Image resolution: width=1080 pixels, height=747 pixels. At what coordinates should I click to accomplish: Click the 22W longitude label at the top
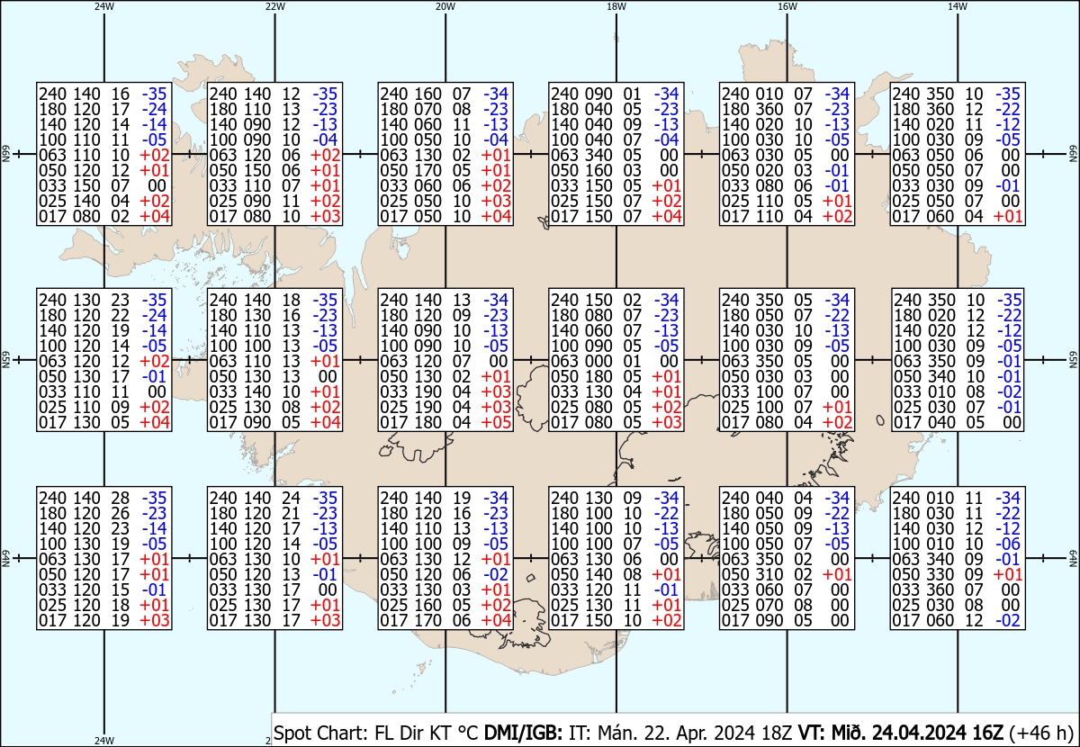click(274, 6)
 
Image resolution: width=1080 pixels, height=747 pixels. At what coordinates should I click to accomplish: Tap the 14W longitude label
click(958, 6)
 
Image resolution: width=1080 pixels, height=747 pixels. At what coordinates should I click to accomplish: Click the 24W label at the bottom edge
click(104, 740)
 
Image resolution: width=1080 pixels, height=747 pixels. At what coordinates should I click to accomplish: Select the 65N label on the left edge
click(5, 360)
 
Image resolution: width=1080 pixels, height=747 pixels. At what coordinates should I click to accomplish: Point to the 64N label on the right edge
click(1074, 558)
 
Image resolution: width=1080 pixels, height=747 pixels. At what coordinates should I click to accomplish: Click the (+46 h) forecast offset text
click(1040, 733)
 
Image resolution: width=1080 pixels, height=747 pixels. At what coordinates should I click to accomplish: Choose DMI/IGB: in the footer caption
click(523, 733)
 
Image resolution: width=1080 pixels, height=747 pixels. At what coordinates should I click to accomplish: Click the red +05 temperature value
click(496, 422)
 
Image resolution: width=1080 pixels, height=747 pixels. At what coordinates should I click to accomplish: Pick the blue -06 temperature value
click(1008, 544)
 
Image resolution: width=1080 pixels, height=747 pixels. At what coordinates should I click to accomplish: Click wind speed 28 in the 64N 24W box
click(121, 499)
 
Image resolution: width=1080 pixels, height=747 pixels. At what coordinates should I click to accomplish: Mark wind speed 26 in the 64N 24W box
click(121, 514)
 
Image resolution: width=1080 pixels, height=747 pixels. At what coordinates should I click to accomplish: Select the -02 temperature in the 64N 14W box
click(1008, 621)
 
